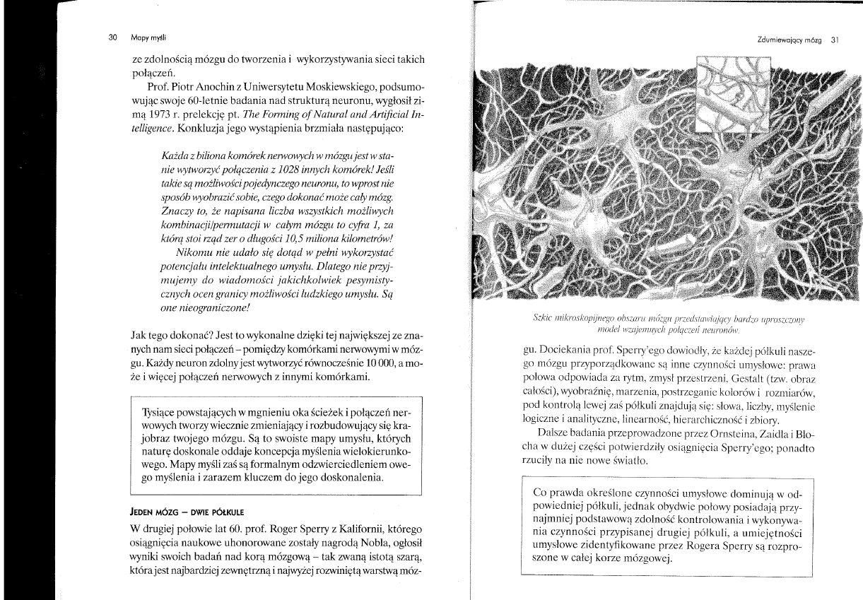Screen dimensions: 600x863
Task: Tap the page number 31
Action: coord(834,41)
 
